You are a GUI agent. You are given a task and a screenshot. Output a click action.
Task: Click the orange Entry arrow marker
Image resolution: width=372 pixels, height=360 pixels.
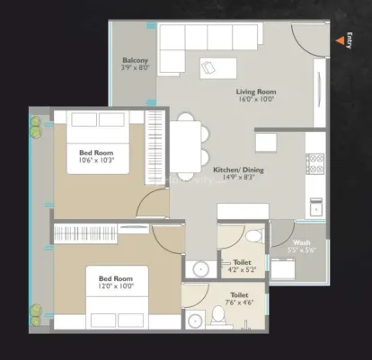(340, 40)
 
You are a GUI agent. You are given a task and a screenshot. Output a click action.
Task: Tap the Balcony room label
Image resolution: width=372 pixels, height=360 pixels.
(135, 60)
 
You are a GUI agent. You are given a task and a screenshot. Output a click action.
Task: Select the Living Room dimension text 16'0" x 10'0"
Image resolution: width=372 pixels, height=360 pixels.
(256, 100)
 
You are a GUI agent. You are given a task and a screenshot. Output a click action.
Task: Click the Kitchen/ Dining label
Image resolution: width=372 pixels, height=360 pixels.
(238, 170)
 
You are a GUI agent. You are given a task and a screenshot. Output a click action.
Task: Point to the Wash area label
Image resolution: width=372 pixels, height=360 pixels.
(302, 242)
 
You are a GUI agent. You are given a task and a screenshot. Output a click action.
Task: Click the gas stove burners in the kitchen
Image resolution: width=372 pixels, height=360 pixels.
(315, 163)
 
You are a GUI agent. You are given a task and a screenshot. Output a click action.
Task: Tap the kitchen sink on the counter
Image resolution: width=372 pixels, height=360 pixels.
(316, 206)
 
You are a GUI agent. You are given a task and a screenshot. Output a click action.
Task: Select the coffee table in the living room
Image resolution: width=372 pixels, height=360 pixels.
(218, 68)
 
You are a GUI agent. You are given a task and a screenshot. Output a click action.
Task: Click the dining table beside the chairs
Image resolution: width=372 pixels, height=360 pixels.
(185, 146)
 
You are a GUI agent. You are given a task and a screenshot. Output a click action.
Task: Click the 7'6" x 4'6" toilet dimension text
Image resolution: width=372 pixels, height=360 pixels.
(240, 303)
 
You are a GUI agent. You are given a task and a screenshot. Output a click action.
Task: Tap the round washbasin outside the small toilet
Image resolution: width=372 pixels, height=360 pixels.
(200, 269)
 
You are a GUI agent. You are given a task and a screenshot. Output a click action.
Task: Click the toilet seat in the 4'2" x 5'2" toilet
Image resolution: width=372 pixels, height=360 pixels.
(255, 235)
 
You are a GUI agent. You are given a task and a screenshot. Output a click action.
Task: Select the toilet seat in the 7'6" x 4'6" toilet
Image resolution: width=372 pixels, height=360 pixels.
(218, 315)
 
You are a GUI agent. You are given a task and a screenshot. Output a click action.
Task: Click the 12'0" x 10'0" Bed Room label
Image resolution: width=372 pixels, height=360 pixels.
(116, 278)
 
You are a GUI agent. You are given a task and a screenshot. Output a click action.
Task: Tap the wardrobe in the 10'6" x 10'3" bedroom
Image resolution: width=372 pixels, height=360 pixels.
(155, 147)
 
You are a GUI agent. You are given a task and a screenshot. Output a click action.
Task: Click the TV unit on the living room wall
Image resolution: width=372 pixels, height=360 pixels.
(320, 92)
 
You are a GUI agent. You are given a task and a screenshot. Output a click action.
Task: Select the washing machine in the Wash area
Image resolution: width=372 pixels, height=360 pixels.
(283, 268)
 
